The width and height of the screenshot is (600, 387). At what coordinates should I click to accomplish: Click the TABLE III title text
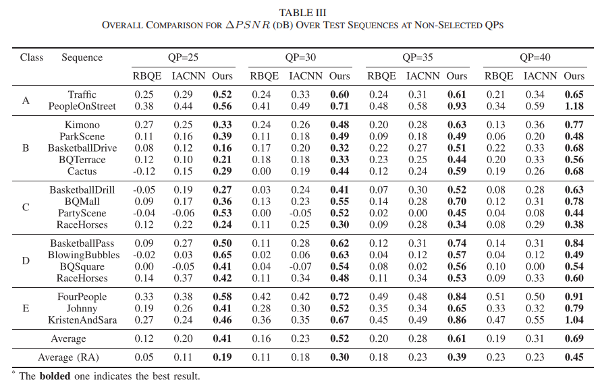tap(302, 13)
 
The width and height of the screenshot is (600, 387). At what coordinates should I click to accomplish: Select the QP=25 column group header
tap(183, 57)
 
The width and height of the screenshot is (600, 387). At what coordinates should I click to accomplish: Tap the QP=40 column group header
tap(535, 57)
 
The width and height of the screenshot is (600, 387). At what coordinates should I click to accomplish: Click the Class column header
tap(31, 57)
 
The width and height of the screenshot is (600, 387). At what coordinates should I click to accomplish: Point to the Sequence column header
tap(82, 57)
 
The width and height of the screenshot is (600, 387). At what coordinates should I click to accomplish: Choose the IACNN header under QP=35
tap(422, 76)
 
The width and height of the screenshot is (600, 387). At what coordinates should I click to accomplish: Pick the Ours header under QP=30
tap(339, 76)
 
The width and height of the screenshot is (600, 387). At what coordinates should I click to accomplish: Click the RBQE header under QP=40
tap(499, 76)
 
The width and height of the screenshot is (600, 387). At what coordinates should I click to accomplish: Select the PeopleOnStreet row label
tap(82, 106)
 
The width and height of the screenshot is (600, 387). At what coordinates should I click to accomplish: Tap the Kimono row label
tap(82, 125)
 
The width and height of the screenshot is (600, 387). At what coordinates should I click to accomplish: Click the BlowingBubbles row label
tap(84, 255)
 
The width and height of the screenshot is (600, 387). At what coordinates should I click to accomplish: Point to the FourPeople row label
tap(82, 297)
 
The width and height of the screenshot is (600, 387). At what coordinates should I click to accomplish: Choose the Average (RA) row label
tap(68, 357)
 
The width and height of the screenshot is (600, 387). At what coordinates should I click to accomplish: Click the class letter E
tap(26, 308)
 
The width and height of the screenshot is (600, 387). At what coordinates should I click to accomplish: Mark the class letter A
tap(26, 100)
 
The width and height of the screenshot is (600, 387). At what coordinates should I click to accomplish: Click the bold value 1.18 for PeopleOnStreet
tap(574, 106)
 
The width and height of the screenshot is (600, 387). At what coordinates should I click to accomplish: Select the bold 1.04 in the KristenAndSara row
tap(574, 320)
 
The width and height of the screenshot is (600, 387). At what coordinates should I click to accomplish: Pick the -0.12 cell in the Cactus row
tap(144, 171)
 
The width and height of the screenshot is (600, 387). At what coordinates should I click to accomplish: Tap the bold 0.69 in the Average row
tap(574, 338)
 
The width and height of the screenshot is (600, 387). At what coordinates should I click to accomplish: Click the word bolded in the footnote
tap(55, 376)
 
